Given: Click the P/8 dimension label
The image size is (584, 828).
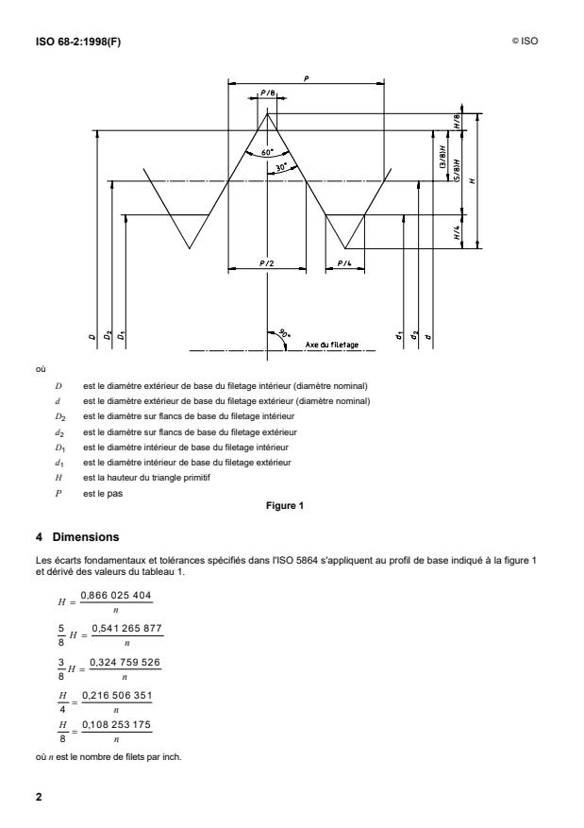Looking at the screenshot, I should [268, 93].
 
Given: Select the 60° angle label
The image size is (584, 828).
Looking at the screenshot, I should [268, 151].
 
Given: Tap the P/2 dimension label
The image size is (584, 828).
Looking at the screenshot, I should [267, 263].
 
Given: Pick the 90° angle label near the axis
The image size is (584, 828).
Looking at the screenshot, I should [283, 334].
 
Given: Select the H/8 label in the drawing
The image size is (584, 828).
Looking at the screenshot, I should [457, 122].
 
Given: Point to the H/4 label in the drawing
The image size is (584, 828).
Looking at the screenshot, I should [457, 232].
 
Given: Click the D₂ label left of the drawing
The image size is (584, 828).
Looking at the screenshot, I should [108, 335].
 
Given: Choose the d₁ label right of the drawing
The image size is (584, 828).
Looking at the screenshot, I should [401, 335].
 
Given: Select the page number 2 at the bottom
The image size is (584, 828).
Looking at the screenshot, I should [39, 796].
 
